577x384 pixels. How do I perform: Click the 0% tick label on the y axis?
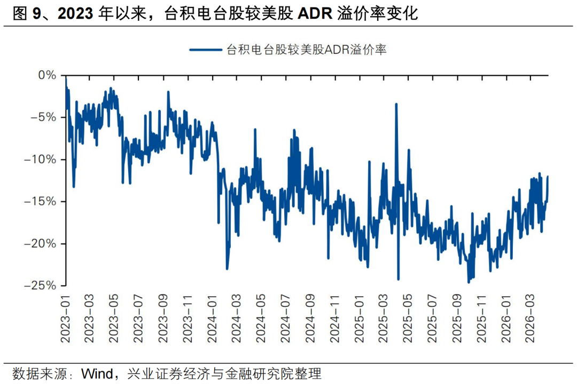click(47, 75)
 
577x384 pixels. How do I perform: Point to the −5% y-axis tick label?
click(43, 117)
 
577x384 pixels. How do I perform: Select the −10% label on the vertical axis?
click(40, 159)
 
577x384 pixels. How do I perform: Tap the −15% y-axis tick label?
click(40, 202)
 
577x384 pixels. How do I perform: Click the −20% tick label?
click(40, 244)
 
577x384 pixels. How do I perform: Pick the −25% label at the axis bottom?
click(40, 286)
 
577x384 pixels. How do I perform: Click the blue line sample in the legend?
click(205, 50)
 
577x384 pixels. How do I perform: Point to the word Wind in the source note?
click(97, 372)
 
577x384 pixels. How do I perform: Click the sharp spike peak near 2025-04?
click(396, 105)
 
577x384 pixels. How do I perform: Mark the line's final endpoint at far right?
click(547, 177)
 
